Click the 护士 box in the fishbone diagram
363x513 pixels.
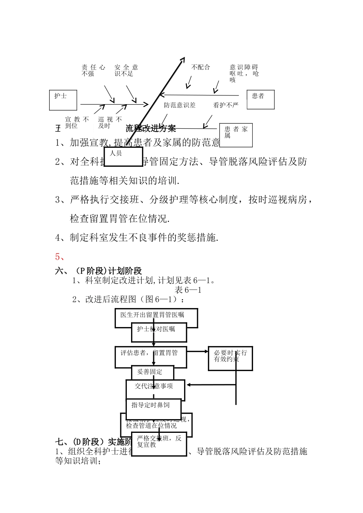click(63, 100)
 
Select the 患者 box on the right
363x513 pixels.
click(261, 99)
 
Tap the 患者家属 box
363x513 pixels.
click(236, 135)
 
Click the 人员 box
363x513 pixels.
click(123, 156)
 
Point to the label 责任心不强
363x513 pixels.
click(93, 70)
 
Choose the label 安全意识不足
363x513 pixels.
click(126, 70)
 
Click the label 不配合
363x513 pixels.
click(201, 67)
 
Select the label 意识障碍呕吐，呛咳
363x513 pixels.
click(244, 73)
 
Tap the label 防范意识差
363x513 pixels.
click(180, 105)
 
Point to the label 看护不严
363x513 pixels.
click(225, 105)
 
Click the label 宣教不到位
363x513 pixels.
click(76, 123)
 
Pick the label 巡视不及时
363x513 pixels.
click(110, 123)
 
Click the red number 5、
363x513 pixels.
click(60, 256)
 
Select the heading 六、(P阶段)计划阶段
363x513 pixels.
click(98, 271)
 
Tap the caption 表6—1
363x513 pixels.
click(188, 290)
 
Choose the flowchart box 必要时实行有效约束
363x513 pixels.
click(230, 358)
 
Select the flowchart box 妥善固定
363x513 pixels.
click(152, 372)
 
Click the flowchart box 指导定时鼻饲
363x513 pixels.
click(153, 408)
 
